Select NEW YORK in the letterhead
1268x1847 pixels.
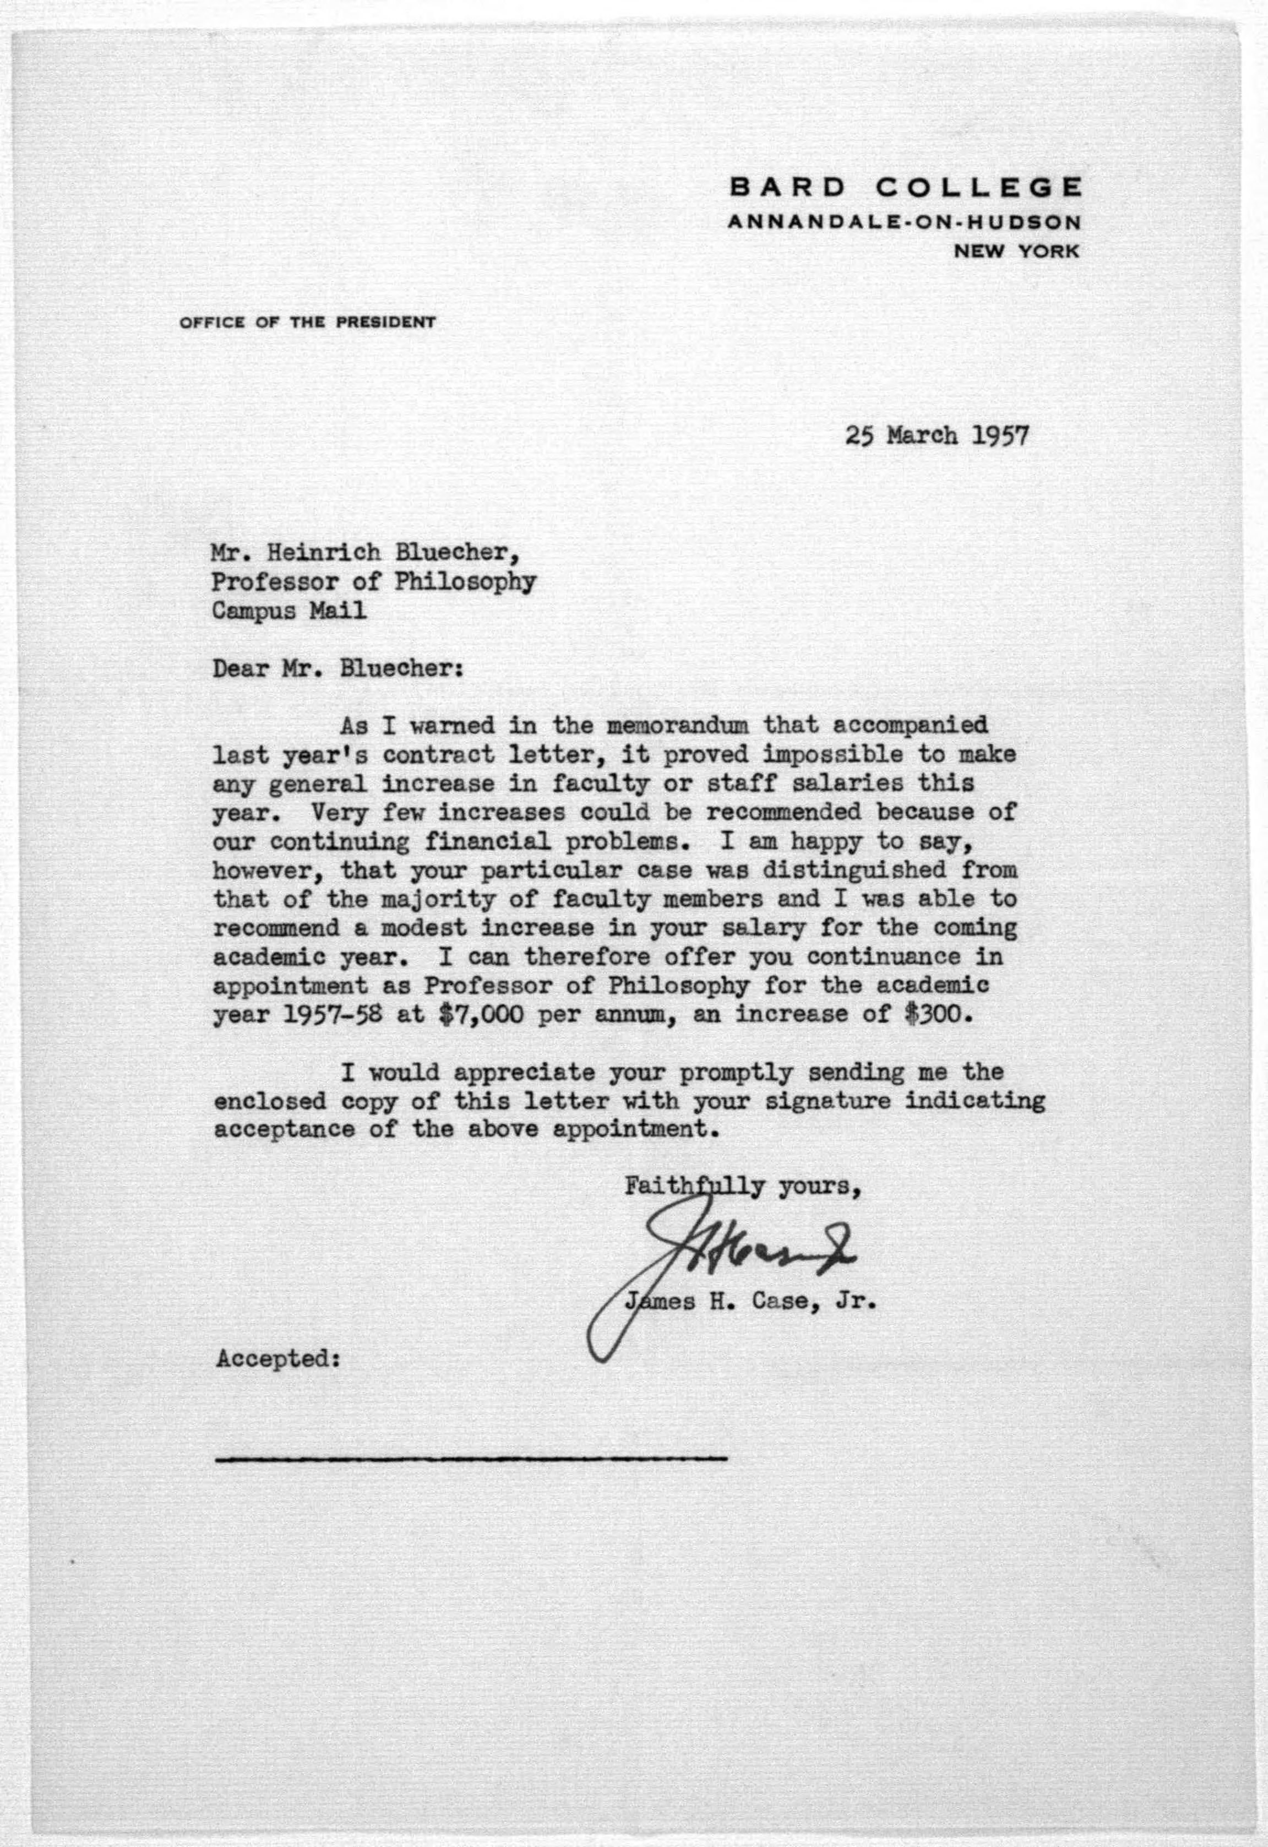[1016, 251]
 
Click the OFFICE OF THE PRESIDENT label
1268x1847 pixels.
[307, 323]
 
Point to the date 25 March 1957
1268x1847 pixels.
[937, 436]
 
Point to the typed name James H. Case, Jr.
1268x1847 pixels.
[749, 1302]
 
